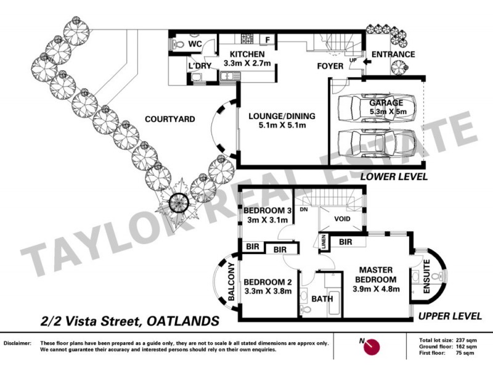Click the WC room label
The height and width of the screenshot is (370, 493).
pyautogui.click(x=195, y=44)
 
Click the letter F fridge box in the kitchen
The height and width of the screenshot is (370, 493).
pyautogui.click(x=267, y=41)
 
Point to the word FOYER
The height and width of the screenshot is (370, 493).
pyautogui.click(x=330, y=65)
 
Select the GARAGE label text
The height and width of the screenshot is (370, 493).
pyautogui.click(x=386, y=102)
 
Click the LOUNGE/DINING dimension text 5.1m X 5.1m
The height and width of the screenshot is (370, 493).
pyautogui.click(x=282, y=125)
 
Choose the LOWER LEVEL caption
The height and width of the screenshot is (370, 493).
pyautogui.click(x=394, y=176)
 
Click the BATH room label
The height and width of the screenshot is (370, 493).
pyautogui.click(x=323, y=298)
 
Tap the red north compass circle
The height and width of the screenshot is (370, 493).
pyautogui.click(x=371, y=347)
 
